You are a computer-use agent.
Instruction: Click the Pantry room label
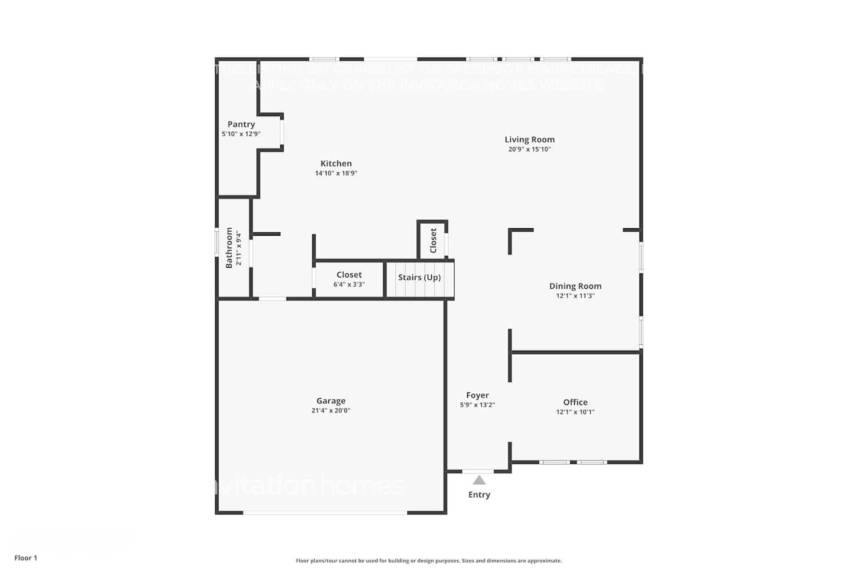(x=241, y=124)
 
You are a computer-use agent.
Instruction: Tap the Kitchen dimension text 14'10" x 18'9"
(x=336, y=173)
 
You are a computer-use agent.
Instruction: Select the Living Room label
(x=529, y=140)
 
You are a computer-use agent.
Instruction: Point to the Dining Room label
(x=575, y=286)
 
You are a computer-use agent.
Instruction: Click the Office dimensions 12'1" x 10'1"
(x=575, y=412)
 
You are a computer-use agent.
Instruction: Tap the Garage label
(x=331, y=401)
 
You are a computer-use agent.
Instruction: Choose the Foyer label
(x=477, y=395)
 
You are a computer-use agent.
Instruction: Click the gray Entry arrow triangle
(x=479, y=480)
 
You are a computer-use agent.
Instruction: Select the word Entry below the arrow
(x=479, y=495)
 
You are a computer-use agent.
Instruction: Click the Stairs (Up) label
(x=419, y=277)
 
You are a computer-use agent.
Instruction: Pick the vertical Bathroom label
(x=229, y=248)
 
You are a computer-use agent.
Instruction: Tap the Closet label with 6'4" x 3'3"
(x=349, y=275)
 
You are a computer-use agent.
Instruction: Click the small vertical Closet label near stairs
(x=433, y=240)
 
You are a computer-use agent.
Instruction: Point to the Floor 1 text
(x=26, y=558)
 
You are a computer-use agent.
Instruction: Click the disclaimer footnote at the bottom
(x=428, y=561)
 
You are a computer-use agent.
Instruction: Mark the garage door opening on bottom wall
(x=325, y=513)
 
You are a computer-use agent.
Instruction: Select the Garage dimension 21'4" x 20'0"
(x=331, y=411)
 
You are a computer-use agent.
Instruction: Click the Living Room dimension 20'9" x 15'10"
(x=529, y=149)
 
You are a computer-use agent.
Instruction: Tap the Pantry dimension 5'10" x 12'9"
(x=241, y=134)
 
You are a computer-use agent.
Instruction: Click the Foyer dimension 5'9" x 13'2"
(x=477, y=405)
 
